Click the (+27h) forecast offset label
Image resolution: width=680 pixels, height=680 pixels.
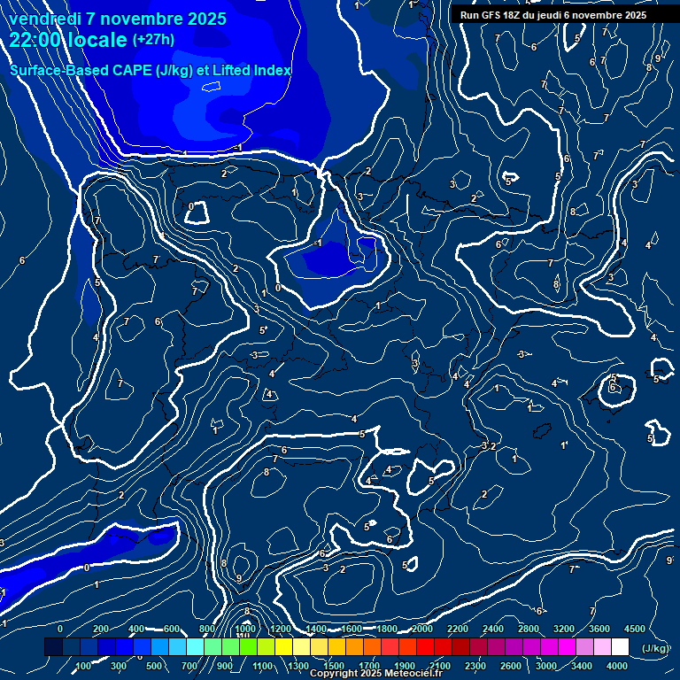(x=152, y=40)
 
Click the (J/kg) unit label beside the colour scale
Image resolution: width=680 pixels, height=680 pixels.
(x=655, y=649)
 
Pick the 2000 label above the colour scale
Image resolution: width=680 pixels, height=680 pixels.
(x=421, y=629)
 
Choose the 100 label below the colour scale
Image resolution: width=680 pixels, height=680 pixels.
(x=83, y=666)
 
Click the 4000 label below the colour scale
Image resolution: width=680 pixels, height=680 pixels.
(x=617, y=666)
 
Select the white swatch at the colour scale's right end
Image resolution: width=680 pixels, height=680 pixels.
(x=620, y=648)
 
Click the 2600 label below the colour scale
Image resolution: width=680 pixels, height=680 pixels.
(x=511, y=666)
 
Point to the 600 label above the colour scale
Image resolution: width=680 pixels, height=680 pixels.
(x=172, y=629)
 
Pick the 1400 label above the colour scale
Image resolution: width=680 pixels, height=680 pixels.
(x=316, y=629)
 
